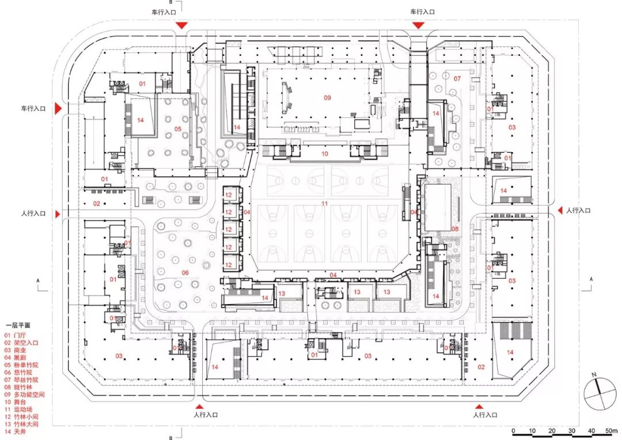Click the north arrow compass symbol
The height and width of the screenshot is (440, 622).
coord(600,398)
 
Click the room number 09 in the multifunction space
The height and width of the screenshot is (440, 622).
coord(327,98)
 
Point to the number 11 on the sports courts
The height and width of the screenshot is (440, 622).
coord(325,204)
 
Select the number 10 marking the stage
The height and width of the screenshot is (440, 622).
coord(325,154)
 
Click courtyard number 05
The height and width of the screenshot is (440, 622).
coord(178,128)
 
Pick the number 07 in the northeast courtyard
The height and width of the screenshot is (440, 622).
coord(457,78)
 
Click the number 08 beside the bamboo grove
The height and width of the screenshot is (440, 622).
coord(455,229)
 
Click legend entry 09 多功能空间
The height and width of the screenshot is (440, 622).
coord(24,395)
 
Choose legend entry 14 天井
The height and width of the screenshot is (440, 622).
coord(17,431)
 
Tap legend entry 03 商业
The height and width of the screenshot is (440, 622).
coord(17,350)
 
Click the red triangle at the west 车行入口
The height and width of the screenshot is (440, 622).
coord(58,108)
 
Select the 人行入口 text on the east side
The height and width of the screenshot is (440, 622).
coord(578,211)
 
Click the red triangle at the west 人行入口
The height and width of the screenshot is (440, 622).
coord(57,214)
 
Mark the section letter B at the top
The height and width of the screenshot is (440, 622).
coord(170,2)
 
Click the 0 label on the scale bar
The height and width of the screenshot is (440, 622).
coord(513,431)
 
